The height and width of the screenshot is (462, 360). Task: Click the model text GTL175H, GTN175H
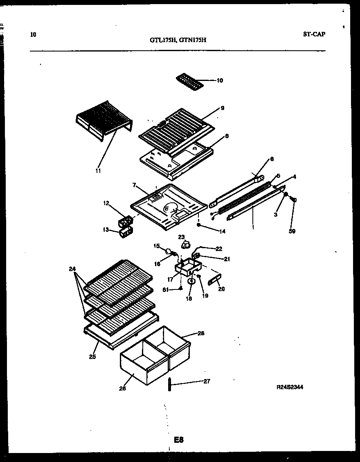177,40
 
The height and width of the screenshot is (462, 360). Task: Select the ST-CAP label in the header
314,34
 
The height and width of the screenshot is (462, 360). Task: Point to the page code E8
179,440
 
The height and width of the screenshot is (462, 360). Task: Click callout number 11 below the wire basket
98,170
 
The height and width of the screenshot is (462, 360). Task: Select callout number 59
292,231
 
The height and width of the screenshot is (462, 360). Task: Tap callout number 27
207,381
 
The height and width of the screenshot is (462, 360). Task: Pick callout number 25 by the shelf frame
92,357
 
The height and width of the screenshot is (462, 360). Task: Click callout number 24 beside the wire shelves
72,269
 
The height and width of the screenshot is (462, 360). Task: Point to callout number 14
223,231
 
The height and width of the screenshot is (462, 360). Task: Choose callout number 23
182,237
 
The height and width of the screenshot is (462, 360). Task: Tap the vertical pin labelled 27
169,385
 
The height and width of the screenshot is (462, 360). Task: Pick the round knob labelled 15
167,251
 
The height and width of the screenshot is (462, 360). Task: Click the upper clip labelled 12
125,222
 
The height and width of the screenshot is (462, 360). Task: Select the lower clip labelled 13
124,233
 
